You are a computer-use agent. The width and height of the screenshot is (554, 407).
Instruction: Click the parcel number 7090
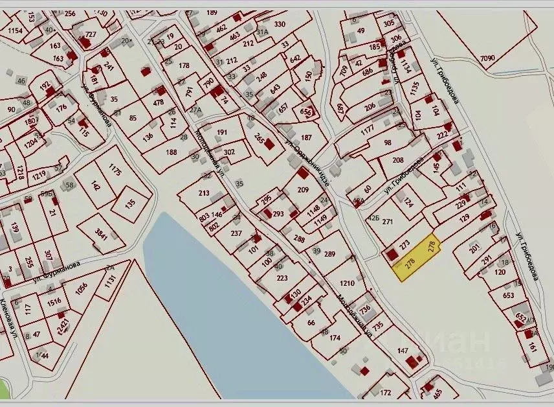(x=487, y=59)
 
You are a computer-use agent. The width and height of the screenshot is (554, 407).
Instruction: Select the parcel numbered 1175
(x=115, y=171)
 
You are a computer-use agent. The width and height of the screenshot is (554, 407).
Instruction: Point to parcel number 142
(x=96, y=186)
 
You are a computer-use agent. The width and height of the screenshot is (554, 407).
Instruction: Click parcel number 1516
(x=55, y=301)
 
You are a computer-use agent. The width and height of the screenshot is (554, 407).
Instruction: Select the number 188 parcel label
(x=172, y=152)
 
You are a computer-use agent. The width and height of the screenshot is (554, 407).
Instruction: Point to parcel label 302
(x=229, y=152)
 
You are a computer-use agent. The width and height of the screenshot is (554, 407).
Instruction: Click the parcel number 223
(x=282, y=278)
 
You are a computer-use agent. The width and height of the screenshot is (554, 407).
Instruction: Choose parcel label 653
(x=507, y=295)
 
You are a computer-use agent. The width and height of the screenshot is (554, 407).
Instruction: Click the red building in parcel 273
(x=391, y=254)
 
